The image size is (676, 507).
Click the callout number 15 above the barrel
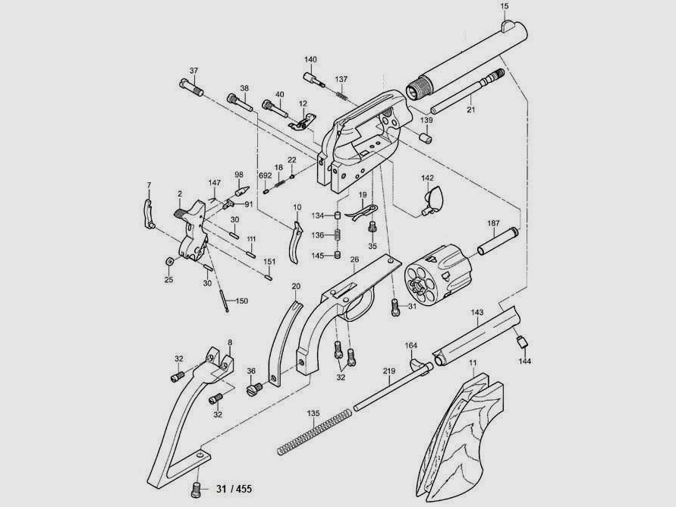point(505,6)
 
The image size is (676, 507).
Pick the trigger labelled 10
point(296,241)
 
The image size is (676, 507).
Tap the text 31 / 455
point(234,489)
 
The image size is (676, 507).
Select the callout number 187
point(493,223)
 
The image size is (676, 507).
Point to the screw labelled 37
point(191,87)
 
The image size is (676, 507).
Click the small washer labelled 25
point(169,262)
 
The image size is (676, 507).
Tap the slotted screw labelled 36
point(254,389)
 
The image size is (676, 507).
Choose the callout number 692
point(265,175)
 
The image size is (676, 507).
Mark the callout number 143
point(477,312)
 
